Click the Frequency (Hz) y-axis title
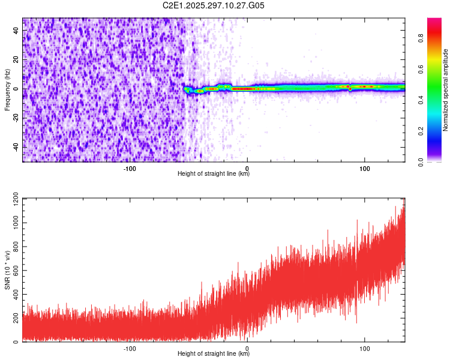tap(7, 90)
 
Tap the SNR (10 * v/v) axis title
tap(7, 270)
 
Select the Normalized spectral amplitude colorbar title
tap(446, 90)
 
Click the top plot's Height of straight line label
tap(214, 173)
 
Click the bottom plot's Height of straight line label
tap(214, 353)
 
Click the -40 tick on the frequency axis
tap(15, 147)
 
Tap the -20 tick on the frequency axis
tap(15, 118)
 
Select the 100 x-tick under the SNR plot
tap(364, 347)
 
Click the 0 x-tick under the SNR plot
tap(248, 347)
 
